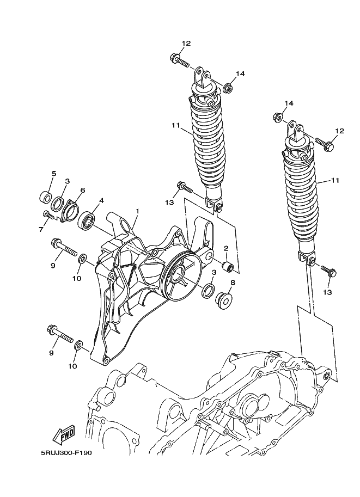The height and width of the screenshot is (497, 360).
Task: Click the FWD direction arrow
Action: point(63,434)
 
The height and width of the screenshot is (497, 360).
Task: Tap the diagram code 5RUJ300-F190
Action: point(66,452)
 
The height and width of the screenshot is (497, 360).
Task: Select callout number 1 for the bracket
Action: point(137,211)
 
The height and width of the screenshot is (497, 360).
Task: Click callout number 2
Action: point(226,248)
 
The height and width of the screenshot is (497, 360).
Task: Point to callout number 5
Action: point(54,174)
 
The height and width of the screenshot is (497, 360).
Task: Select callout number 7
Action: point(41,229)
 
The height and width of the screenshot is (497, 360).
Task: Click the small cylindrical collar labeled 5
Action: point(45,198)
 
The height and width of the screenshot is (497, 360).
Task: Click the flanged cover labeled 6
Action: point(69,210)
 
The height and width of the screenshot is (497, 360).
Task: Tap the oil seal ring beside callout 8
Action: point(208,291)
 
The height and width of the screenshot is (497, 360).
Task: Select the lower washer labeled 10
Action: point(78,345)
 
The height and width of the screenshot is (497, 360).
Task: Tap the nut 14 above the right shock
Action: point(277,117)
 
